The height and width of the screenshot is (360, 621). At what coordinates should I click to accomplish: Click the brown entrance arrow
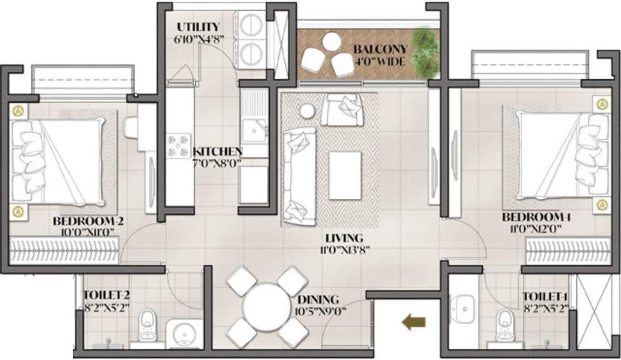click(x=414, y=322)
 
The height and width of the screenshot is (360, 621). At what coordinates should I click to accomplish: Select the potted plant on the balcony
click(x=425, y=52)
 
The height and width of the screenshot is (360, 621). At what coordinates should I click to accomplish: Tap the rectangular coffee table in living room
click(x=345, y=175)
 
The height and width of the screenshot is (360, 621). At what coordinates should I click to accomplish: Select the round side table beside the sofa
click(x=307, y=111)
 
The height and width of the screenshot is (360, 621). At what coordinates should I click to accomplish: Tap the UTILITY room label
click(x=198, y=26)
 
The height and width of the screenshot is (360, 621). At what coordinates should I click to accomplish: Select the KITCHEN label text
click(x=217, y=152)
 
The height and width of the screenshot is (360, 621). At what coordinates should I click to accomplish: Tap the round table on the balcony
click(x=331, y=42)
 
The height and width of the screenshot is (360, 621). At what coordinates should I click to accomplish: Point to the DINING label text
click(x=318, y=299)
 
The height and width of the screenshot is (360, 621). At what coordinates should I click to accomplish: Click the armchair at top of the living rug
click(x=342, y=109)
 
